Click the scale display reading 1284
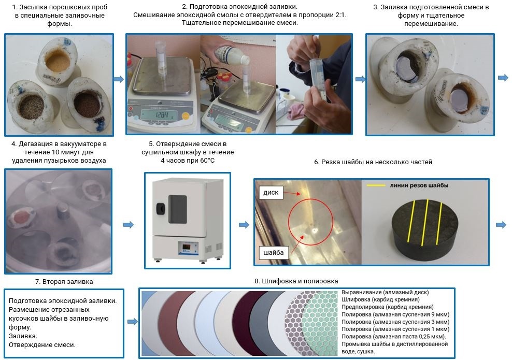tap(159, 115)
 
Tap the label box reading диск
tap(271, 193)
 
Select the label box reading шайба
tap(273, 252)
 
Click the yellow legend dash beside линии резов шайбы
tap(376, 185)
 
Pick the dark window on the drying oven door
tap(178, 209)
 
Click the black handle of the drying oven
tap(160, 209)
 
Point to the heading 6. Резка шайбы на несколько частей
tap(373, 162)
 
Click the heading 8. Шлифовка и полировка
tap(296, 281)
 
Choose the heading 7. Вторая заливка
tap(64, 281)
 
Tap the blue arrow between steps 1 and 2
tap(119, 79)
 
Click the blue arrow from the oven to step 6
tap(244, 225)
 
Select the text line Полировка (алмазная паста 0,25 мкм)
tap(393, 337)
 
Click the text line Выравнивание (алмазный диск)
tap(385, 292)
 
